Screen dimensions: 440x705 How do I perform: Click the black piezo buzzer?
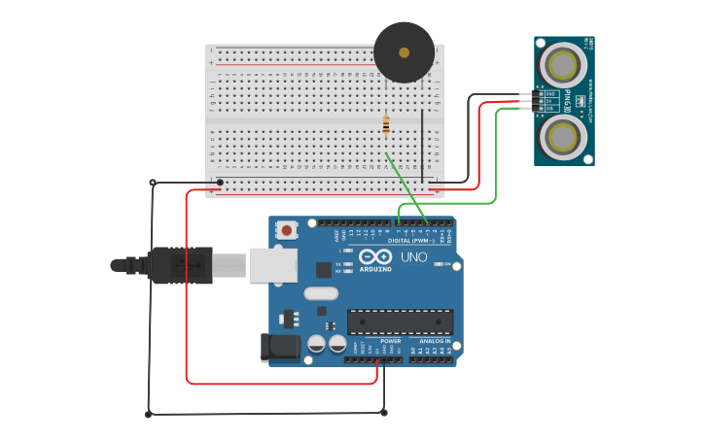tap(404, 53)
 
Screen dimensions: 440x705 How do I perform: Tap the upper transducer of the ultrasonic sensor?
tap(563, 65)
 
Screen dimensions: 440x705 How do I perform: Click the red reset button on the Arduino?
tap(287, 230)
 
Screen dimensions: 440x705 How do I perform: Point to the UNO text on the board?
tap(414, 257)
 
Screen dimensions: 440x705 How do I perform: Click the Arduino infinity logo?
tap(375, 258)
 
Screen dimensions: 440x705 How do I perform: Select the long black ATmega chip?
tap(400, 322)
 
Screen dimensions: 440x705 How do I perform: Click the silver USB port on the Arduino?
tap(273, 265)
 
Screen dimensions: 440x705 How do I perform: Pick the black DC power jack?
tap(278, 348)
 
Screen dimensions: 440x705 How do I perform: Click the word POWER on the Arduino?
tap(391, 341)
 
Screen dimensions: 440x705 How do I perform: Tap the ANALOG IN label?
tap(434, 341)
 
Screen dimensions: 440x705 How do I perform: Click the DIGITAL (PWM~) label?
tap(411, 241)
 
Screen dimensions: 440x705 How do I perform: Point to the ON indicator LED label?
tap(446, 277)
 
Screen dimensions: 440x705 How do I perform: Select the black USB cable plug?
tap(180, 265)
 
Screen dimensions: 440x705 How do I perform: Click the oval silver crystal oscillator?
tap(320, 293)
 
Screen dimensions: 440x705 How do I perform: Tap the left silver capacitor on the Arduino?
tap(316, 344)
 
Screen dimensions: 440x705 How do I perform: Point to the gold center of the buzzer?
tap(404, 52)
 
